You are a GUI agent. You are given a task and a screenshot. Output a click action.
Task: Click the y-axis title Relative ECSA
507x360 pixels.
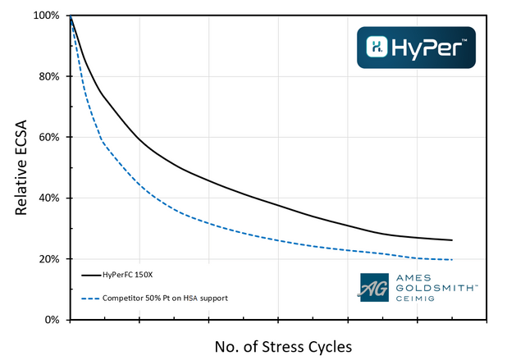click(23, 167)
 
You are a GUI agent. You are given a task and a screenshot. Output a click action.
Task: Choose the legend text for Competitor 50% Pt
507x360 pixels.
click(165, 297)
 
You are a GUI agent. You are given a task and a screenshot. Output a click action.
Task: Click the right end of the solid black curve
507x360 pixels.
click(452, 240)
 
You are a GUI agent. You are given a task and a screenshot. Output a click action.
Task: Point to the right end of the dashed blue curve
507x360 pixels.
click(452, 260)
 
